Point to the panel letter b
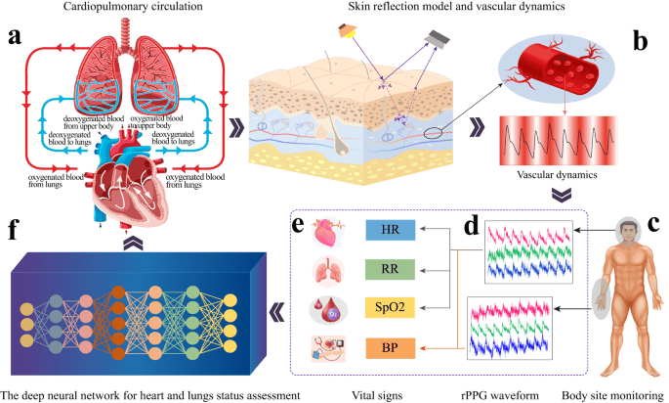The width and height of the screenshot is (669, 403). pyautogui.click(x=643, y=41)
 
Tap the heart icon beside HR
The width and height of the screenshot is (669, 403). pyautogui.click(x=326, y=231)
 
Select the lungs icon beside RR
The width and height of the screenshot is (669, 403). pyautogui.click(x=326, y=271)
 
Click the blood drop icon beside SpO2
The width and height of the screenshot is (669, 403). pyautogui.click(x=326, y=310)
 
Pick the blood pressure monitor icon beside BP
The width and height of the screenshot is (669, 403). pyautogui.click(x=327, y=349)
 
